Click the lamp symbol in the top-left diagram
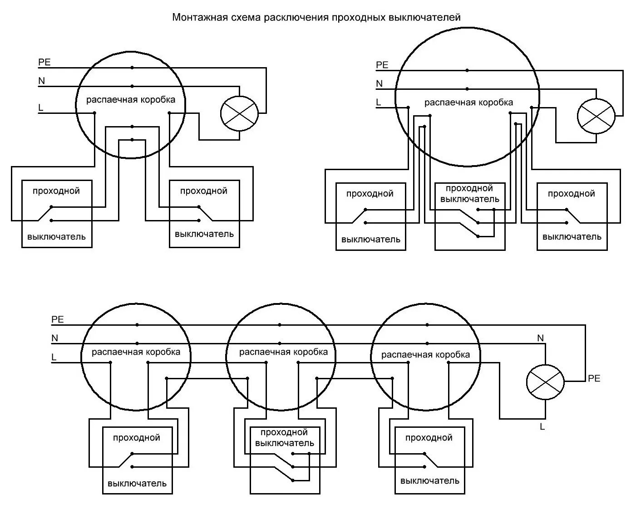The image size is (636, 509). (x=239, y=113)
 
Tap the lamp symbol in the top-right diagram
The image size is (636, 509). (x=596, y=116)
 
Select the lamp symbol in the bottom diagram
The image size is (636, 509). (x=545, y=382)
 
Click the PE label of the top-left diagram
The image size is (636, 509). (x=44, y=62)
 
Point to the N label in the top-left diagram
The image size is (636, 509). (x=42, y=81)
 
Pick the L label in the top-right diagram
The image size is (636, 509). (x=379, y=103)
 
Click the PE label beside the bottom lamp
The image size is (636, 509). (x=594, y=378)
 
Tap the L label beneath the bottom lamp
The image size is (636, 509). (x=542, y=426)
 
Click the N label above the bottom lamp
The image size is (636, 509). (x=540, y=338)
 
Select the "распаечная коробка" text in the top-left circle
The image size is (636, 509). (x=131, y=100)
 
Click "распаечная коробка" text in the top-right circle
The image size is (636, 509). (x=468, y=103)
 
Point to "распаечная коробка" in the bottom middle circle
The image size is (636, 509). (x=283, y=352)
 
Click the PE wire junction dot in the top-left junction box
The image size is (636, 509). (x=132, y=68)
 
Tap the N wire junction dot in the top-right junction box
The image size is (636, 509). (x=467, y=89)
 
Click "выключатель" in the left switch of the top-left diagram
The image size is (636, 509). (x=56, y=236)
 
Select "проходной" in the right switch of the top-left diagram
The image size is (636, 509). (x=204, y=191)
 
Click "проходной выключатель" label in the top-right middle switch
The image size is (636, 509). (x=469, y=194)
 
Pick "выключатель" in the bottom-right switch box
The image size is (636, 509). (x=430, y=480)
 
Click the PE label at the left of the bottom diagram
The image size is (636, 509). (x=58, y=319)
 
